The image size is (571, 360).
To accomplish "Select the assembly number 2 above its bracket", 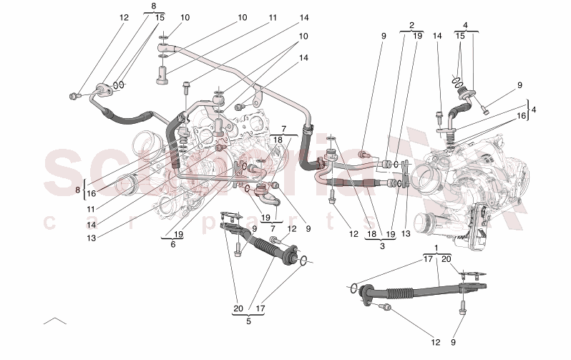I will coord(411,24).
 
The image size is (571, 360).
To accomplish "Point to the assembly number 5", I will coord(248,321).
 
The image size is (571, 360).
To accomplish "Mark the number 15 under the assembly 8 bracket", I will coord(159,17).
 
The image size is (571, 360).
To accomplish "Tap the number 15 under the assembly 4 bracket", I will coord(460,35).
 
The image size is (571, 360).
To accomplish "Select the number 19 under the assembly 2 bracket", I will coord(417,35).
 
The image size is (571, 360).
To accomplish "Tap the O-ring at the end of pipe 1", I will coord(353,288).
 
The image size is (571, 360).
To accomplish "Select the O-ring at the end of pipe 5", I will coord(305,261).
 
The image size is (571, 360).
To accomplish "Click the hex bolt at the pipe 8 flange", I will coord(74,95).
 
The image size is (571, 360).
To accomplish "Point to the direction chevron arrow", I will coord(54,320).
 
